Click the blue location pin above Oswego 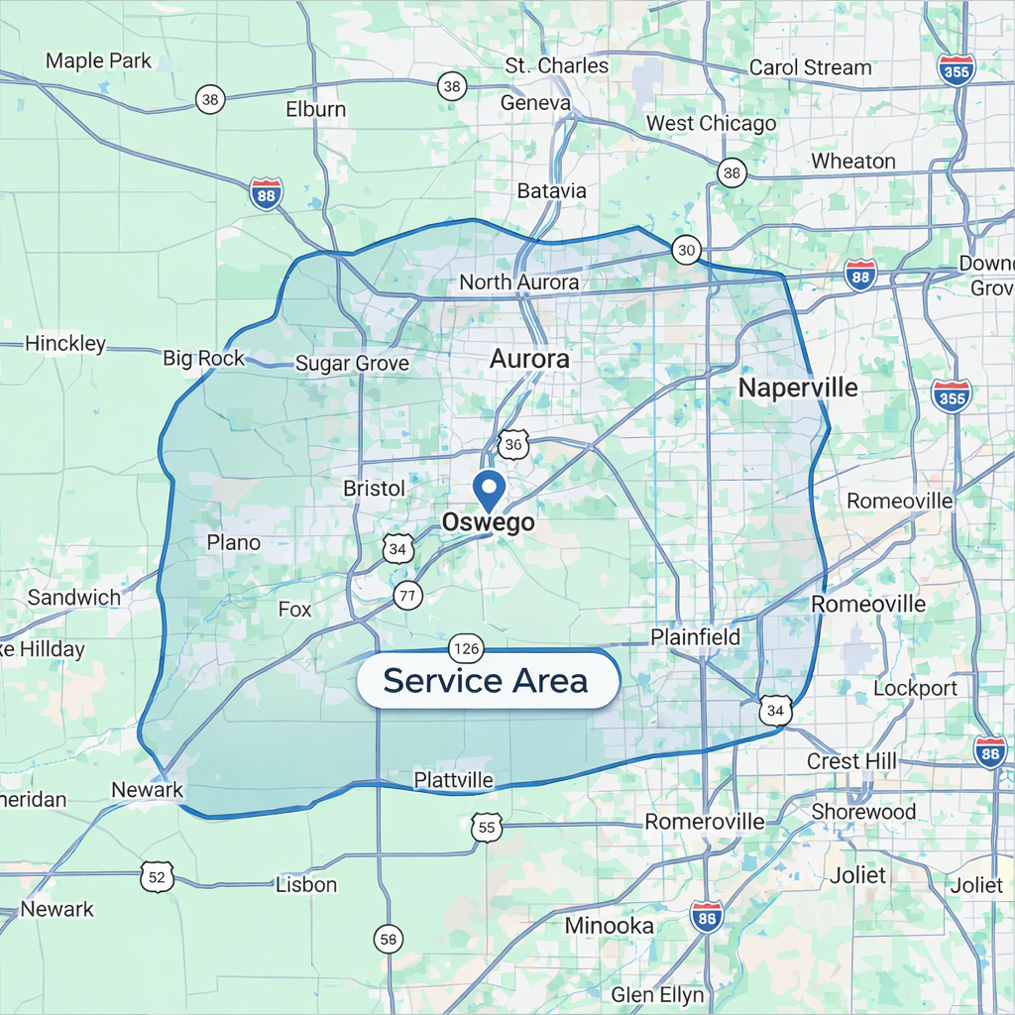pyautogui.click(x=488, y=490)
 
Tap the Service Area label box pyautogui.click(x=486, y=681)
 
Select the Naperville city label pyautogui.click(x=798, y=388)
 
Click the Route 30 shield pyautogui.click(x=686, y=250)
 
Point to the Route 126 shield pyautogui.click(x=466, y=649)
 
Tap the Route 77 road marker pyautogui.click(x=407, y=595)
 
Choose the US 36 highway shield pyautogui.click(x=512, y=444)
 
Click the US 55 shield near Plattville pyautogui.click(x=486, y=828)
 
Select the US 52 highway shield pyautogui.click(x=158, y=876)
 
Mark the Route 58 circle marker pyautogui.click(x=389, y=938)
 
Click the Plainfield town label pyautogui.click(x=696, y=637)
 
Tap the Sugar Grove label pyautogui.click(x=352, y=364)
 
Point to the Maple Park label pyautogui.click(x=98, y=60)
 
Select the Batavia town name pyautogui.click(x=552, y=190)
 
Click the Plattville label pyautogui.click(x=453, y=780)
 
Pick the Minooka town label pyautogui.click(x=609, y=926)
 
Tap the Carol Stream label pyautogui.click(x=810, y=67)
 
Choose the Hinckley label pyautogui.click(x=65, y=344)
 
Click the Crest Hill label pyautogui.click(x=851, y=761)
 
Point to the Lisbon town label pyautogui.click(x=306, y=884)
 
